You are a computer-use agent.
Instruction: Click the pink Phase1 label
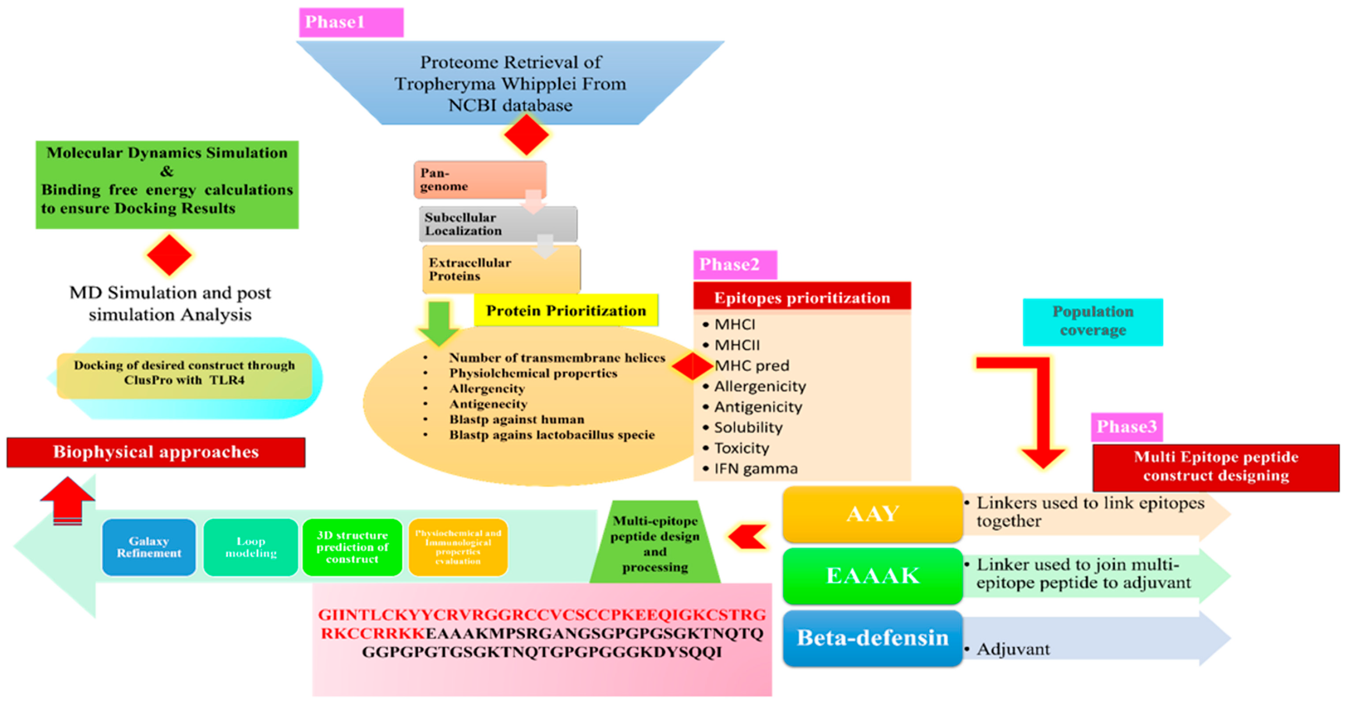click(351, 22)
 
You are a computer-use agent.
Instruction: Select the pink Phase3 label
click(1127, 427)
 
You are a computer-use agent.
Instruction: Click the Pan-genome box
click(480, 179)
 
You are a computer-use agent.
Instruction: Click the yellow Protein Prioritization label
click(566, 310)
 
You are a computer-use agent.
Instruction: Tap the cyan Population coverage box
click(1093, 321)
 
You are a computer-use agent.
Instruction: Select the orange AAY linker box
click(872, 514)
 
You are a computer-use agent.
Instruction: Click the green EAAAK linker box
click(872, 576)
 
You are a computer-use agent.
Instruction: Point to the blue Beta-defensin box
click(872, 638)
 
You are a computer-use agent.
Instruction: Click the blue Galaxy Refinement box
click(148, 547)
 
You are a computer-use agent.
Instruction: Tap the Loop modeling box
click(251, 547)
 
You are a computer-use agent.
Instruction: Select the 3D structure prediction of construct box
click(352, 547)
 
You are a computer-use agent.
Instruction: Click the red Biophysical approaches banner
click(156, 452)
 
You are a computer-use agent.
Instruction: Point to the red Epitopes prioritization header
click(802, 298)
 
